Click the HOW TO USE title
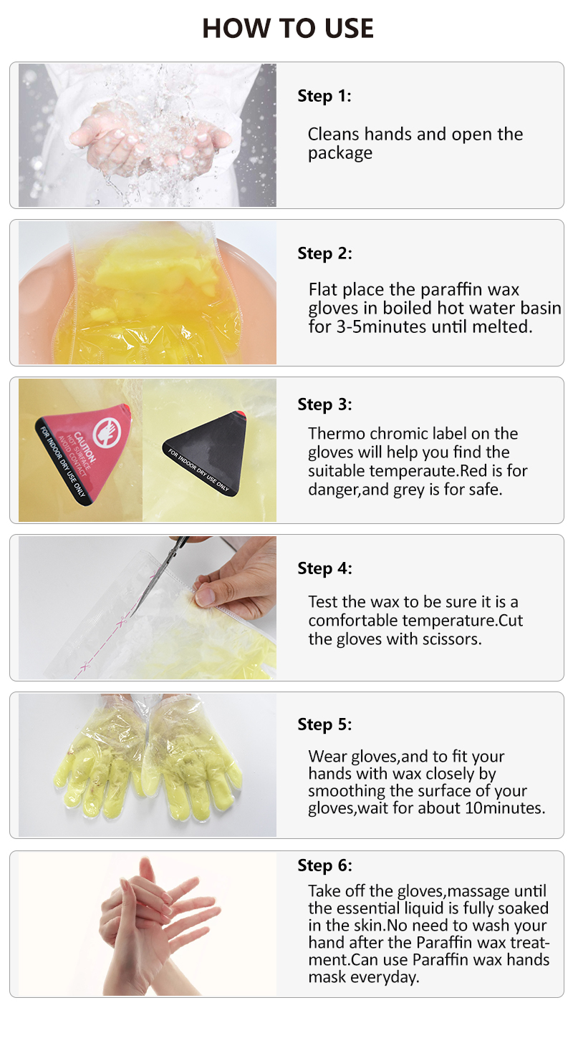coord(287,28)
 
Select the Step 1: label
coord(324,96)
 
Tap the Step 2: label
coord(324,253)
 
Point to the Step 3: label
coord(324,404)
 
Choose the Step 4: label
coord(324,568)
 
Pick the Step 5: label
coord(324,724)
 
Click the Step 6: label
coord(324,865)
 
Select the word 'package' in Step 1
coord(340,153)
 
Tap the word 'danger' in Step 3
coord(334,490)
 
